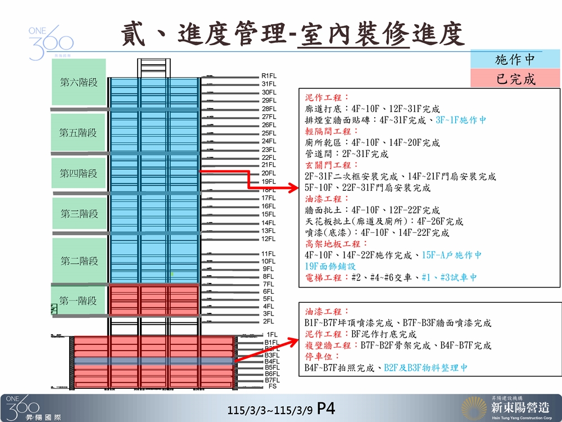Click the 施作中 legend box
(515, 59)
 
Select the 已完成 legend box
(515, 79)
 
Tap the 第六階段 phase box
(79, 82)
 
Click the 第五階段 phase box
(79, 133)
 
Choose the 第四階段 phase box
(79, 174)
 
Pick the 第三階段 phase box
(79, 214)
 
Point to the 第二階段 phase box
(79, 261)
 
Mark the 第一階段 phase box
(79, 301)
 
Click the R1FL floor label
(269, 75)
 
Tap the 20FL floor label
(269, 173)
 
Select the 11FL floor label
(269, 254)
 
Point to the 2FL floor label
(268, 321)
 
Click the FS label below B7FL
(273, 387)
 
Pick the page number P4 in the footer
(327, 408)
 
